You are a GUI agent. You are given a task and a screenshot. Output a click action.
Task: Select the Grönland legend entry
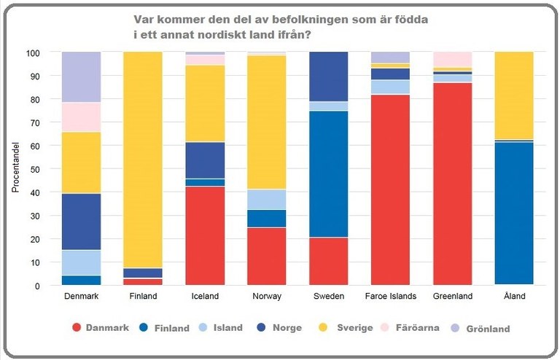(x=489, y=329)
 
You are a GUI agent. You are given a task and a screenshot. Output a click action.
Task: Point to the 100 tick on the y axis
(x=33, y=53)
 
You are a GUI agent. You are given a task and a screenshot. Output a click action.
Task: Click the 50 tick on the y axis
(x=35, y=169)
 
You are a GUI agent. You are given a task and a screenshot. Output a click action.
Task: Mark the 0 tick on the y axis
(x=37, y=286)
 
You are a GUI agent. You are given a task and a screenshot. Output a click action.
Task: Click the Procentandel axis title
(x=15, y=169)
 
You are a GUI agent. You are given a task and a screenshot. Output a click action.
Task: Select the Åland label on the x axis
(x=513, y=297)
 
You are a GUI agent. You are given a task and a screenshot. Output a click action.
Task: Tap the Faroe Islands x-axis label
(x=390, y=297)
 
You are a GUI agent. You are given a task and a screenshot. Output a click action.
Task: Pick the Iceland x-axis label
(x=205, y=297)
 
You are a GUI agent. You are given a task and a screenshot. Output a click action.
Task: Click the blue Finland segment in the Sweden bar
(x=329, y=174)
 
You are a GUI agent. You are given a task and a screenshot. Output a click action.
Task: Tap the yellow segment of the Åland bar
(x=514, y=95)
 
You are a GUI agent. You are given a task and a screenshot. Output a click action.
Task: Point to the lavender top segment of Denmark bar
(x=81, y=77)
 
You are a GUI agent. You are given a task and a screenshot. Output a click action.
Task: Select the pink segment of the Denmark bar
(x=81, y=117)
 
